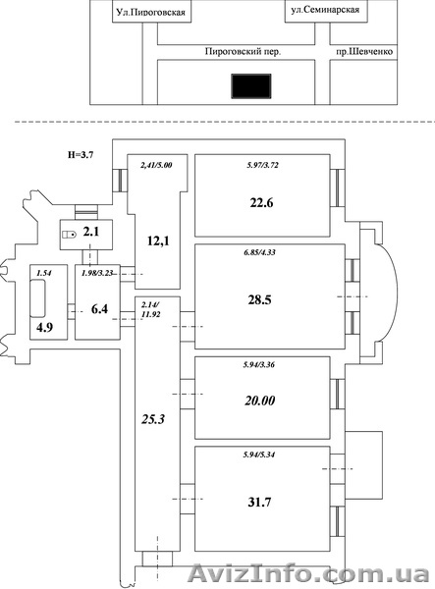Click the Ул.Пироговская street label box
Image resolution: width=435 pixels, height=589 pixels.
point(152,11)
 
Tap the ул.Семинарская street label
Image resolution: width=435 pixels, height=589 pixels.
point(325,10)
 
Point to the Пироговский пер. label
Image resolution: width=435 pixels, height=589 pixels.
point(244,51)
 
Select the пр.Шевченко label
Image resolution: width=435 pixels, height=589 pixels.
point(364,51)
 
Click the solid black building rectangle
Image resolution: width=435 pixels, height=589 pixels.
point(251,86)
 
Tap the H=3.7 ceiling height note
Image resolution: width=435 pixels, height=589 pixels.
point(81,154)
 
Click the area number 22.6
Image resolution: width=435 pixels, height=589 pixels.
point(261,203)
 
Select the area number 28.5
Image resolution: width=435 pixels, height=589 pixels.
point(259,299)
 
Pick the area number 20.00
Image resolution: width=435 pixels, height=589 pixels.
point(260,401)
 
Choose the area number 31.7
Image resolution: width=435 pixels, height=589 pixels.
point(259,502)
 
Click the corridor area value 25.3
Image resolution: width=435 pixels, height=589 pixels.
point(153,419)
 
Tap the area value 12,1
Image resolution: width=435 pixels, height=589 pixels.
point(158,241)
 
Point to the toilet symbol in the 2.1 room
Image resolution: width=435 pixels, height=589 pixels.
point(69,235)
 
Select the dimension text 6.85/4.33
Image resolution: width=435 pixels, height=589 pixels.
point(259,252)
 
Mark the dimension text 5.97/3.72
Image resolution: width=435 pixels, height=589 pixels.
point(263,165)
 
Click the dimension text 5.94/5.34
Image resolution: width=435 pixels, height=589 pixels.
point(259,455)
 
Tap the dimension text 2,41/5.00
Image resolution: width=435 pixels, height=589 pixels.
point(156,165)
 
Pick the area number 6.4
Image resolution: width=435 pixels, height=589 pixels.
point(99,309)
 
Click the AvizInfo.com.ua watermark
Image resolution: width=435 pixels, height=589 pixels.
point(308,573)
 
